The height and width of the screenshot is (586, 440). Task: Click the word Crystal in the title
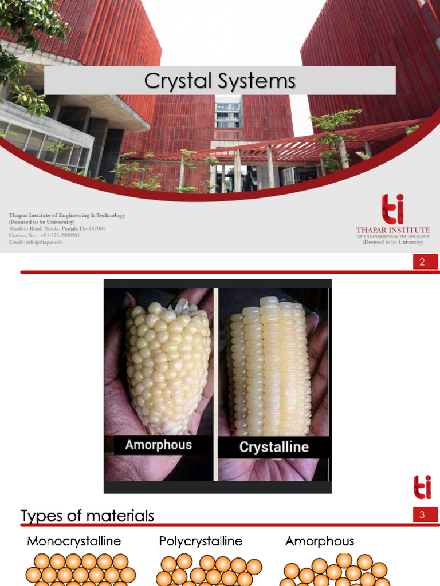point(172,81)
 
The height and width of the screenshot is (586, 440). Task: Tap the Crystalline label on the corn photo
point(274,447)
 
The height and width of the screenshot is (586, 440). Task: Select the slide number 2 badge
point(422,263)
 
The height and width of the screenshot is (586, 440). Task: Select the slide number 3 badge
point(422,515)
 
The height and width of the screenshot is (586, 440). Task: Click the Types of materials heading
point(88,516)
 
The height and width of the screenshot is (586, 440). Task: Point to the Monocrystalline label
point(74,541)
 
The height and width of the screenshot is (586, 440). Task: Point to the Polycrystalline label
point(201,541)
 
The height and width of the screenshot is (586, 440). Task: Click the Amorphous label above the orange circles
point(320,541)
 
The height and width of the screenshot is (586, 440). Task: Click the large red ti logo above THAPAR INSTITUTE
point(393,209)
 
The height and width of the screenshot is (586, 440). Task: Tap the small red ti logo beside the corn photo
point(422,487)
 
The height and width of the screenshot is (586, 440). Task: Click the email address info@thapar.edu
point(36,242)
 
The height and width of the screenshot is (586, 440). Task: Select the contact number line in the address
point(44,235)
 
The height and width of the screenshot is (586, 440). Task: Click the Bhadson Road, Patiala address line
point(57,228)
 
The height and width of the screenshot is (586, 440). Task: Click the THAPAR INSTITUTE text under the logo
point(392,230)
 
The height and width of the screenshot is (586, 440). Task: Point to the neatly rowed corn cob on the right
point(269,366)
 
